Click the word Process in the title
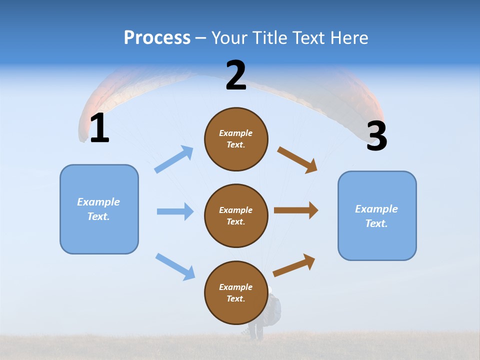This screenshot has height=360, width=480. tap(157, 37)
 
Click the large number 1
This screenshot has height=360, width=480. tap(99, 128)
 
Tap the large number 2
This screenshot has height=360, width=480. tap(236, 75)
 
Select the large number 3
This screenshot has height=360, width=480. tap(376, 136)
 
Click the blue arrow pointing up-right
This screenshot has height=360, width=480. tap(174, 159)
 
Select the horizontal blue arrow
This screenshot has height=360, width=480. tap(175, 211)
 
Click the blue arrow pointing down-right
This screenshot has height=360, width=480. tap(175, 266)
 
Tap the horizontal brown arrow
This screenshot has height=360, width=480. tap(296, 210)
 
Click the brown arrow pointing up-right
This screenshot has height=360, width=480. tap(294, 265)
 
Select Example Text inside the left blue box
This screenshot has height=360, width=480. tap(98, 209)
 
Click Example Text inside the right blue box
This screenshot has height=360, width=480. tap(376, 216)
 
